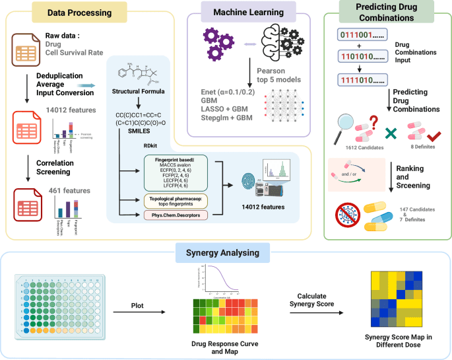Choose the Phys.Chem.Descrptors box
[x=174, y=215]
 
